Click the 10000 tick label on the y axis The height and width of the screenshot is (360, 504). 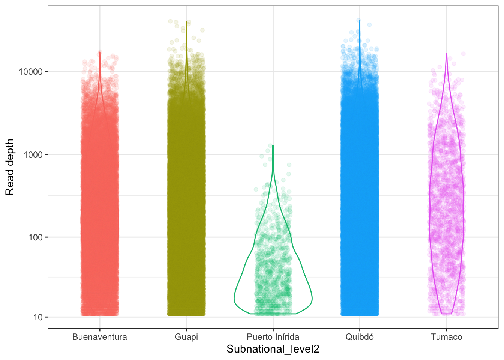31,72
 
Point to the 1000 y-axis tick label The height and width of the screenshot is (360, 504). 33,155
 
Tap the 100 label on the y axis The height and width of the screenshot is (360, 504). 36,237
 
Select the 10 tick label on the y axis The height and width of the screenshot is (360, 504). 38,317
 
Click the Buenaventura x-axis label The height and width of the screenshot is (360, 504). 100,337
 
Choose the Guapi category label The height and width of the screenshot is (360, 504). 186,337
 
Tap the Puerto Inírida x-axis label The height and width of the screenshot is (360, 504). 273,337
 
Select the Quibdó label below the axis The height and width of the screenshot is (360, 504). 360,337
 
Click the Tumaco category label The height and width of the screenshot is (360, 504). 446,337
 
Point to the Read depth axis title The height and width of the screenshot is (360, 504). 10,167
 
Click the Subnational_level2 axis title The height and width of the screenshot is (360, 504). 273,349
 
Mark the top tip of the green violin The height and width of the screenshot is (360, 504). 273,145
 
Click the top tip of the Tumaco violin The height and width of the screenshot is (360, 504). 446,54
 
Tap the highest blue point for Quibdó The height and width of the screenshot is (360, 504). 358,20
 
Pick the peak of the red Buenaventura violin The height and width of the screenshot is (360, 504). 100,52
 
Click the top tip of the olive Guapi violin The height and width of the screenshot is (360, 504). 186,21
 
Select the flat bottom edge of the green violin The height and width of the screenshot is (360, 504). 273,313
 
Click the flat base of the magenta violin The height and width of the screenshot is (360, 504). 446,313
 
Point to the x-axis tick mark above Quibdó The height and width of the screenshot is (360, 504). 360,330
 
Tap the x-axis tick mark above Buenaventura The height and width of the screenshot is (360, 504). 100,330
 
